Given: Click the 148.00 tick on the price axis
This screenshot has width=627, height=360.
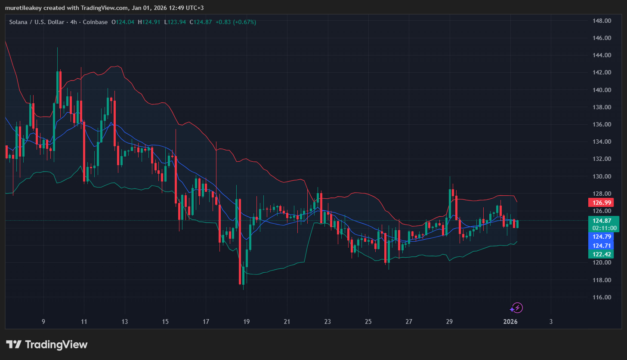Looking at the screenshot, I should [602, 21].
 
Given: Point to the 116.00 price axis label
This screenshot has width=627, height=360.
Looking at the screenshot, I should [602, 297].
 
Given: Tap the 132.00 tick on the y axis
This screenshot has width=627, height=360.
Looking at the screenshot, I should [602, 159].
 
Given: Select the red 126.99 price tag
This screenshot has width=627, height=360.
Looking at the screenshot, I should [602, 203].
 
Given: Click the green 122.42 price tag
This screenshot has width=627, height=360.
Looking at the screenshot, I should [602, 254].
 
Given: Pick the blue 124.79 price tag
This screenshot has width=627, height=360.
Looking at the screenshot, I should [602, 237].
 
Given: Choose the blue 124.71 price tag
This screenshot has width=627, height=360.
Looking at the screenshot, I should [602, 246].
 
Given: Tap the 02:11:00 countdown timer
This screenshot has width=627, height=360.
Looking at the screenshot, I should [604, 228].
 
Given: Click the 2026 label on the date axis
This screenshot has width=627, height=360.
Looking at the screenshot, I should [510, 322].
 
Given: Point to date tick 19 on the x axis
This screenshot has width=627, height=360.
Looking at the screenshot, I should [247, 322].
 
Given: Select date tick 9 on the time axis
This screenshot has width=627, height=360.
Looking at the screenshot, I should [43, 322].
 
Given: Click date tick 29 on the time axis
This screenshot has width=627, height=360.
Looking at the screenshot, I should [449, 322].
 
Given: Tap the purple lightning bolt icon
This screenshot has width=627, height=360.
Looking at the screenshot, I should [516, 308].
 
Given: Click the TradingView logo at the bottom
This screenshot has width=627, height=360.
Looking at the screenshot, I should [47, 345].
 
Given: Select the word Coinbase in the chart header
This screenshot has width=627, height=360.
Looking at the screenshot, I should [95, 22].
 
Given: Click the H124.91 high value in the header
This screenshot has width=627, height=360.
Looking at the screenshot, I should [149, 22].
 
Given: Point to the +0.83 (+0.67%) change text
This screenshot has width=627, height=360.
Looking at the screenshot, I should [235, 22].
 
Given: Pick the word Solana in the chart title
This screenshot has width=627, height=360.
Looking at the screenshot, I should [18, 22].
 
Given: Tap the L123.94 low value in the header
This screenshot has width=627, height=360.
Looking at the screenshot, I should [175, 22].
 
